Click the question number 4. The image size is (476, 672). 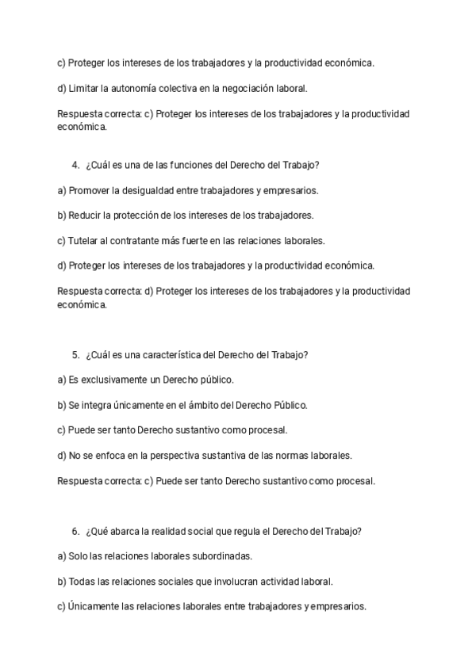75,165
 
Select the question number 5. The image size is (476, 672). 75,355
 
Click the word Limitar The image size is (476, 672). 84,89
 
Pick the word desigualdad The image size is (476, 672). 152,190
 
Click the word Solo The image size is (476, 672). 79,556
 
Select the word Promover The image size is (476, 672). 90,190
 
